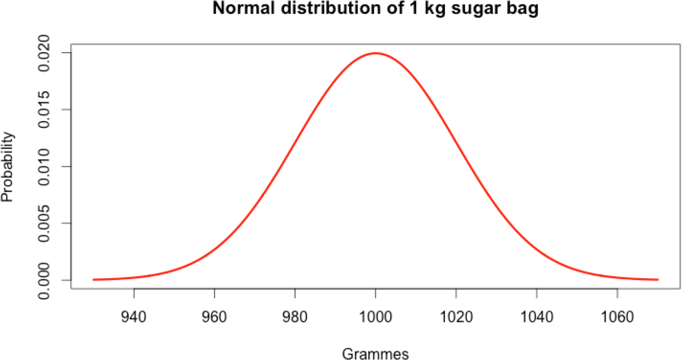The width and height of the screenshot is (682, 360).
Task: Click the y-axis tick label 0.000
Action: (x=48, y=280)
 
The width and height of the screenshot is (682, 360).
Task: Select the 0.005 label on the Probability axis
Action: (x=48, y=223)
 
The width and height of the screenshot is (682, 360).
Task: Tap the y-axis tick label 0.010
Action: (x=48, y=167)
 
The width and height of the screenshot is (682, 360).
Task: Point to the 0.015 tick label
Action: (x=48, y=110)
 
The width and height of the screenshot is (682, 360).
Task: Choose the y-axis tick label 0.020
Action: (x=48, y=53)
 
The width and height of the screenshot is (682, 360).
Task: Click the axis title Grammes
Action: (x=375, y=353)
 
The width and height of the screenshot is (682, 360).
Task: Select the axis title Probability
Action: (x=8, y=167)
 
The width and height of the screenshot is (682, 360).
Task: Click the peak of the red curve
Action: (x=375, y=53)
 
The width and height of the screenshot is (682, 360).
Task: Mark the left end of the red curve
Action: (x=94, y=280)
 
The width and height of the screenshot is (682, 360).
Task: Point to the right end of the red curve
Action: (x=658, y=280)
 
